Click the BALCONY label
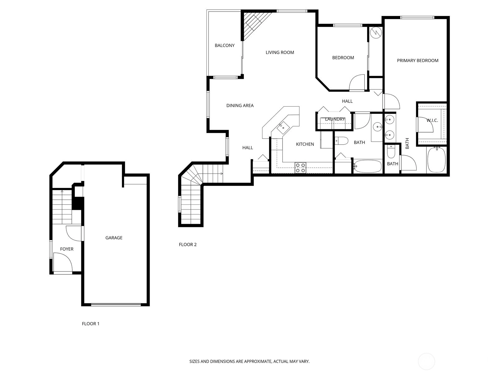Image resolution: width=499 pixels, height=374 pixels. coord(224,46)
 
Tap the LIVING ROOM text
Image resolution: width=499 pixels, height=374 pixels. coord(280,52)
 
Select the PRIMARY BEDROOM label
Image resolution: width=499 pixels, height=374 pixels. coord(418,61)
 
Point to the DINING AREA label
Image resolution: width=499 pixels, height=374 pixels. coord(240,106)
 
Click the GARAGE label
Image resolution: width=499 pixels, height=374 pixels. coord(114,238)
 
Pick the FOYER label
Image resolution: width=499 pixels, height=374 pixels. coord(67,249)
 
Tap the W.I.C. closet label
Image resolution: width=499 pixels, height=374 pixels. coord(432,121)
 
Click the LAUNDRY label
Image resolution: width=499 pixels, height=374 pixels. coord(335,119)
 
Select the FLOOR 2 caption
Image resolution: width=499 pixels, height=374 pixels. coord(187,245)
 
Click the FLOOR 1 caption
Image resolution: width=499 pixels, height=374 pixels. coord(90,324)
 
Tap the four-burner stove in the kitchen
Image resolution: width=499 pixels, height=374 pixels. coord(300,168)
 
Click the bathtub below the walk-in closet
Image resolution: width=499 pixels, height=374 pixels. coord(436,160)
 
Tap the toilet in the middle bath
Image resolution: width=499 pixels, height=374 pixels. coord(342,141)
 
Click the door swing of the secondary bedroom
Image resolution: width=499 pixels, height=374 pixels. coord(357,82)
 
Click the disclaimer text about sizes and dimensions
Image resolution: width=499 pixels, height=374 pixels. coord(249,361)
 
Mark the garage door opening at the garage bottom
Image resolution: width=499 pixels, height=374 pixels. coord(116,305)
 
